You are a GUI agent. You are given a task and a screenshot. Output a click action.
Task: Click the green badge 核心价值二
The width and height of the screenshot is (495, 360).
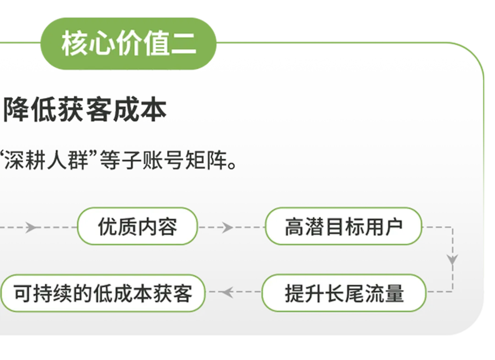pyautogui.click(x=129, y=44)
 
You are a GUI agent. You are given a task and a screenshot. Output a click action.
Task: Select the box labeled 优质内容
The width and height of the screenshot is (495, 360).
pyautogui.click(x=137, y=226)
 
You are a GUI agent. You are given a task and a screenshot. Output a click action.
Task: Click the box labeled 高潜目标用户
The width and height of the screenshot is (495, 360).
pyautogui.click(x=343, y=226)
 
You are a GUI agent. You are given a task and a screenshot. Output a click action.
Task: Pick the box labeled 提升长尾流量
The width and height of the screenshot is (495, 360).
pyautogui.click(x=344, y=293)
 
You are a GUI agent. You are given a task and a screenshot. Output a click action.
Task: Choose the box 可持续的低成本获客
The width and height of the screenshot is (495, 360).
pyautogui.click(x=103, y=293)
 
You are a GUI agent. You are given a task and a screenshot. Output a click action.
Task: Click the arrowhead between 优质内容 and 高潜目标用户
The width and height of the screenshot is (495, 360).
pyautogui.click(x=226, y=227)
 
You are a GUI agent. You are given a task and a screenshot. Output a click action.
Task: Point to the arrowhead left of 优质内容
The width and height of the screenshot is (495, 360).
pyautogui.click(x=31, y=227)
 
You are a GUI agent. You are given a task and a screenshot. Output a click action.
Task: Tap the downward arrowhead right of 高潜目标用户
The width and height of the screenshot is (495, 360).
pyautogui.click(x=452, y=260)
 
